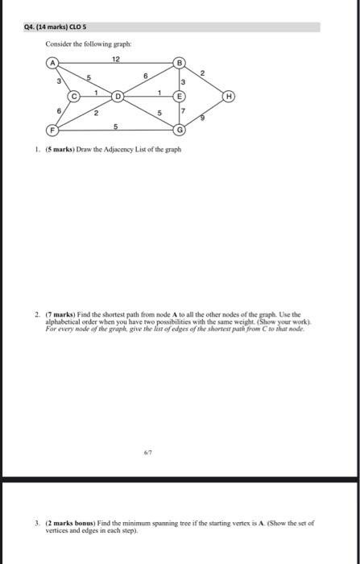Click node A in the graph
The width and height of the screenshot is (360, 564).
coord(54,62)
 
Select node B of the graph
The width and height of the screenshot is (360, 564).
coord(180,63)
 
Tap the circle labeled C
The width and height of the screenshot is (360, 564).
coord(76,94)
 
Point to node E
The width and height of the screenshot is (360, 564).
coord(180,96)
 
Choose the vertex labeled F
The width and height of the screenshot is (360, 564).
coord(54,130)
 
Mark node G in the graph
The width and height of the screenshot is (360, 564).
coord(180,130)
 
